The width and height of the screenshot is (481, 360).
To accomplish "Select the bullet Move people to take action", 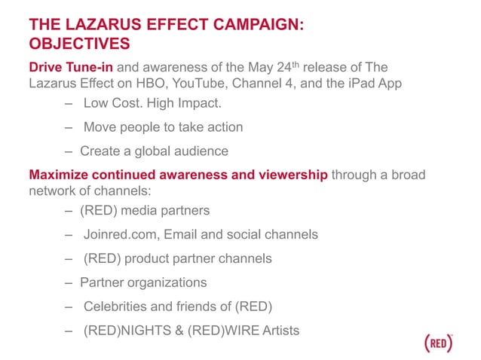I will point(163,127).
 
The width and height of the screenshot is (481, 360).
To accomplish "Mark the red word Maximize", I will point(59,175).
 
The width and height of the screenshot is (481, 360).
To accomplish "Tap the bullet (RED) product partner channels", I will point(177,258).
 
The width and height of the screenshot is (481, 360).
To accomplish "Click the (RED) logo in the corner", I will point(439,341).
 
